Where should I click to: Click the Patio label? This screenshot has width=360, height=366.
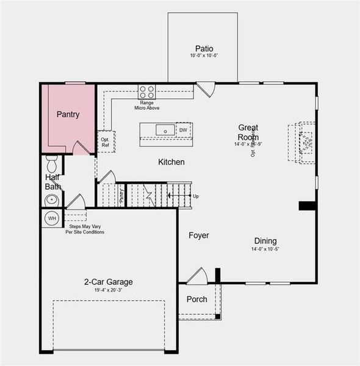coord(204,49)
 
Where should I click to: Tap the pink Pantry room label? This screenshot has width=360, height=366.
coord(68,114)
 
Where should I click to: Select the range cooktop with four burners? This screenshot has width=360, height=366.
coord(146,92)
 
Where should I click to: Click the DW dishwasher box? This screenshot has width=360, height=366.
coord(183,130)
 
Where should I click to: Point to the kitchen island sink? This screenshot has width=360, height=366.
coord(165,130)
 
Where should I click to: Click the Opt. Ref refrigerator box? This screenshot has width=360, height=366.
coord(105,142)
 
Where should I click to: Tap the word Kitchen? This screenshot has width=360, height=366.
coord(171,162)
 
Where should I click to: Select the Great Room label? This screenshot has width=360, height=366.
coord(248,132)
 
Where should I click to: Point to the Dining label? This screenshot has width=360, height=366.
coord(265,241)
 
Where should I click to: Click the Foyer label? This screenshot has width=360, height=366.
coord(199,235)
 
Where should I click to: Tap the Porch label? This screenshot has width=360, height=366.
coord(196,300)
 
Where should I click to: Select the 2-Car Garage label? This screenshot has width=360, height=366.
coord(109,282)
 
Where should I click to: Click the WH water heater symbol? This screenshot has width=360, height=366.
coord(52,218)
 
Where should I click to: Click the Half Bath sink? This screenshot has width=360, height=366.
coord(51,199)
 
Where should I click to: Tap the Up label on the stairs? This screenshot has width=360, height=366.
coord(195,196)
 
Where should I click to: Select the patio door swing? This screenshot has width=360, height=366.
coord(206,90)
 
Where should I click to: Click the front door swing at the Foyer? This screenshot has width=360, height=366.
coord(198,276)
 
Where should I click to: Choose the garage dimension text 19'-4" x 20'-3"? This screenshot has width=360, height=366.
coord(109,291)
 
